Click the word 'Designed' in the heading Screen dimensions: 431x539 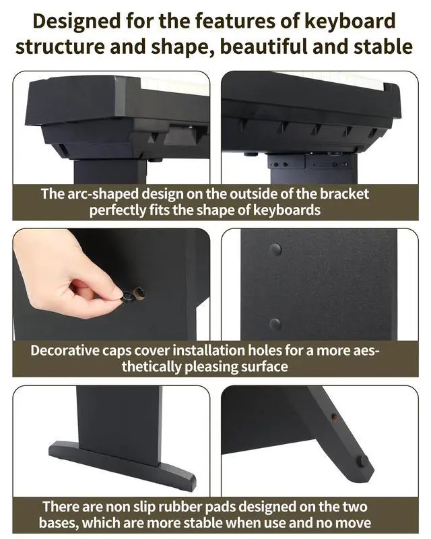77,21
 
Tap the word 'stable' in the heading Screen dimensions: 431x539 383,46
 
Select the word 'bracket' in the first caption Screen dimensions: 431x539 344,194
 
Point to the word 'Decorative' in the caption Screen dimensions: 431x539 64,350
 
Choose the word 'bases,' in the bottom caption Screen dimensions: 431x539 58,523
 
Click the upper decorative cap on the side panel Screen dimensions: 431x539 275,249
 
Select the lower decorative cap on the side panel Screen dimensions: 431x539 275,324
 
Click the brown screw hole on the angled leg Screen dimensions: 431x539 334,416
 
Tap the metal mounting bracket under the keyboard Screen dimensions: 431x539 309,161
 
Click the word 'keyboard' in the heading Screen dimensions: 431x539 350,21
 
